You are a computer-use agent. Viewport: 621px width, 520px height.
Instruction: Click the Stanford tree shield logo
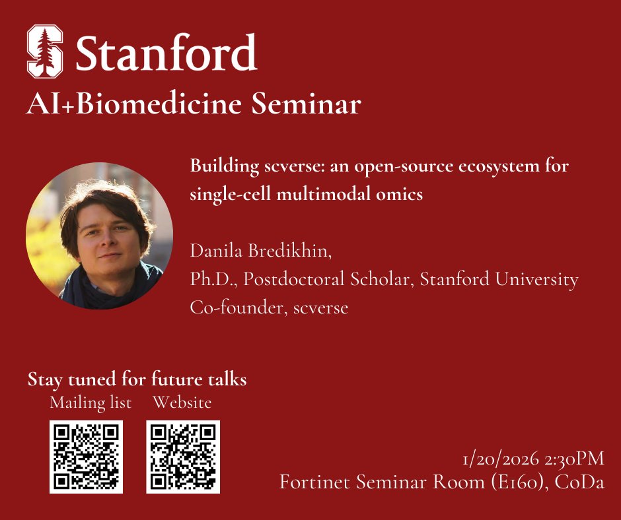coord(45,51)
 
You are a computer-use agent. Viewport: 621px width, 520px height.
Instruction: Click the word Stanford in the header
coord(166,53)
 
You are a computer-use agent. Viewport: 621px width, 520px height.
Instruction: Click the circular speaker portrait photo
coord(99,236)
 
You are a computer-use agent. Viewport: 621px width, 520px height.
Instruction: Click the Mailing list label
coord(91,403)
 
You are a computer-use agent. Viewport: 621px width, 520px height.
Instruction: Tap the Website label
coord(182,403)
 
